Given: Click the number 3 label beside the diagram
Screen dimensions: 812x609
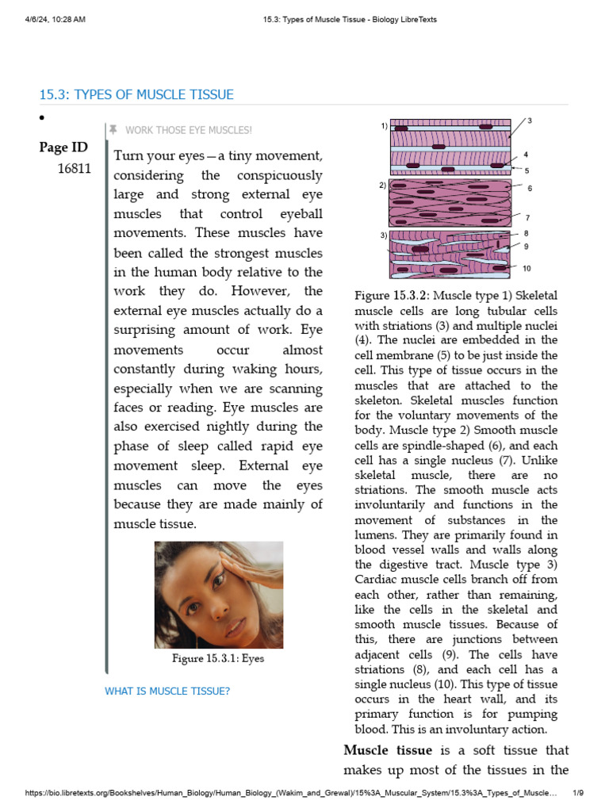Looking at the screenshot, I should coord(529,121).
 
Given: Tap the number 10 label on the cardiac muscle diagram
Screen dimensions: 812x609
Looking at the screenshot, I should coord(527,269).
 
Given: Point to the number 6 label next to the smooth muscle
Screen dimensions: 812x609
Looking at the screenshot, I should coord(529,189).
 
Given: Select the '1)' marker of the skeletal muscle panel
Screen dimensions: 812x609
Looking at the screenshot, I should coord(384,125).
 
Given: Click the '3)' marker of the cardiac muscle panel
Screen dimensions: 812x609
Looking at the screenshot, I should coord(384,236).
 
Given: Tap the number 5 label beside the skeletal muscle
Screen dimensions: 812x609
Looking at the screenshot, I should coord(527,170).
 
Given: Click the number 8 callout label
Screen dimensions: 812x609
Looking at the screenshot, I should coord(527,234).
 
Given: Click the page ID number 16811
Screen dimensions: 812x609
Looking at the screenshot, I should coord(74,168).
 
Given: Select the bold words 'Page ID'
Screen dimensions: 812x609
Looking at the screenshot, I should coord(63,147).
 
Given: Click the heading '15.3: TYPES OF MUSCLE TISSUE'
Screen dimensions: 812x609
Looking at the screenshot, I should coord(136,95).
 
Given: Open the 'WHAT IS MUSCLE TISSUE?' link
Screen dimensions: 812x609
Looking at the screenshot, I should coord(167,691).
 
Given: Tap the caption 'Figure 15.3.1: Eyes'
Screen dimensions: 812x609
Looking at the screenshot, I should coord(218,658).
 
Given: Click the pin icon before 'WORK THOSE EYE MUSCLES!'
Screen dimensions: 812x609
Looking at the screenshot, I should coord(113,130).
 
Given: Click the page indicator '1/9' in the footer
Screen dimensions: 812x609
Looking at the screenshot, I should coord(578,793).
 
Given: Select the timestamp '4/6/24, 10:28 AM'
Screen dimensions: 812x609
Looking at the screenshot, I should coord(55,19).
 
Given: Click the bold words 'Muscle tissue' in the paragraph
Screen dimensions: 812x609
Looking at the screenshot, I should coord(388,750).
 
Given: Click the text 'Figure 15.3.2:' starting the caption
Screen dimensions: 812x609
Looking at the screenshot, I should coord(392,297).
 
